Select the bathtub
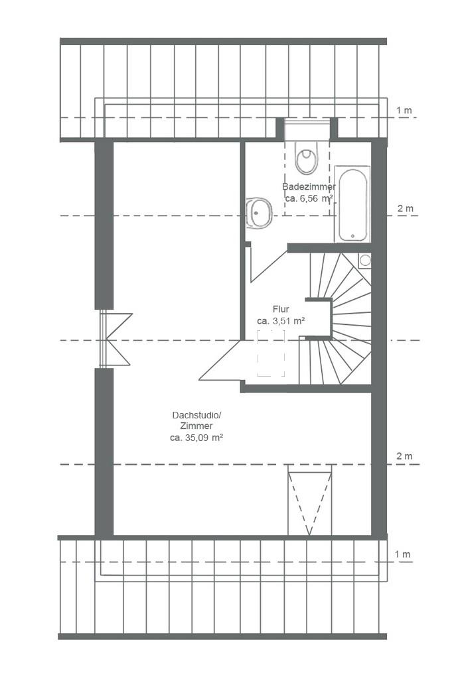click(x=352, y=204)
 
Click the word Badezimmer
click(x=309, y=187)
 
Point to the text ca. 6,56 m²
click(x=309, y=199)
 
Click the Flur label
click(x=281, y=309)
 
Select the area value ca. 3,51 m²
click(x=281, y=322)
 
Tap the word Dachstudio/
click(x=197, y=415)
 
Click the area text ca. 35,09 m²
click(x=196, y=438)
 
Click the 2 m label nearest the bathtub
click(x=406, y=208)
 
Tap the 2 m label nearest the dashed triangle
click(x=405, y=456)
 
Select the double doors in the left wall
click(x=115, y=339)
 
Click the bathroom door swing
click(x=267, y=265)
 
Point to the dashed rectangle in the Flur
click(x=271, y=353)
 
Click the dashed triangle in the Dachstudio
click(x=310, y=500)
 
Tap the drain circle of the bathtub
click(x=353, y=237)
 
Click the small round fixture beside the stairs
click(x=365, y=260)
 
